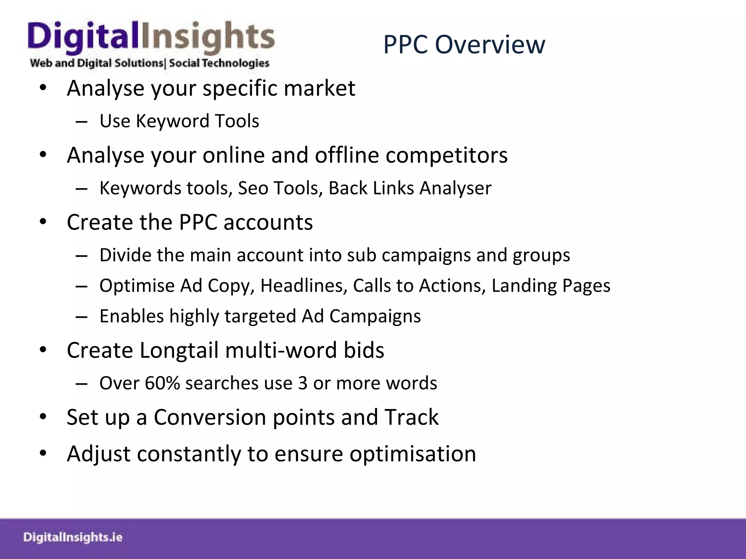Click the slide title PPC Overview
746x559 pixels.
(x=464, y=44)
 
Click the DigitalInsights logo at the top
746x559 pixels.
(x=151, y=39)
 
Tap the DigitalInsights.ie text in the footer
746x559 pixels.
(x=73, y=537)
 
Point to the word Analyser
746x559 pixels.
(x=455, y=188)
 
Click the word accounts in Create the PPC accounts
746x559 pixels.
(x=268, y=222)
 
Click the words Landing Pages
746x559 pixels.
(x=551, y=286)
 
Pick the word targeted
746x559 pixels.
(x=260, y=316)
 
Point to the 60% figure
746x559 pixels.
(x=162, y=383)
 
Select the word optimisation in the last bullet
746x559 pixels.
(x=412, y=454)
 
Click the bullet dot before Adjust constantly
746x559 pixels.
(x=43, y=453)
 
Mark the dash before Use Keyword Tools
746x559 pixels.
(x=82, y=122)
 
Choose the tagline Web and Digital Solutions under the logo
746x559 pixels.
(x=97, y=63)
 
